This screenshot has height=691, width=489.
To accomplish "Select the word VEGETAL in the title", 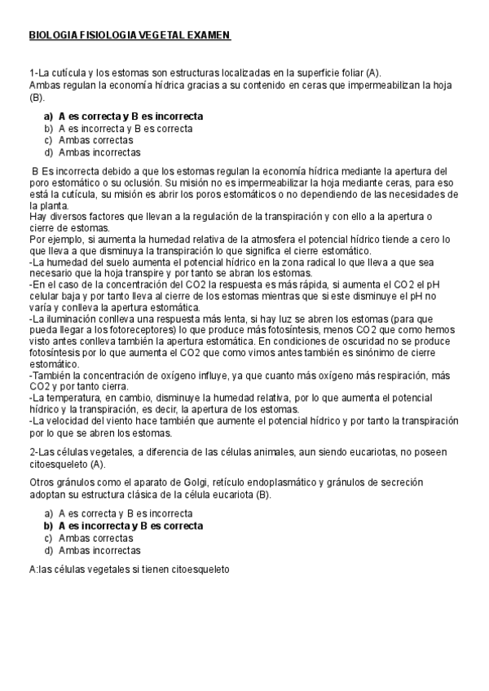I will (x=163, y=37).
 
